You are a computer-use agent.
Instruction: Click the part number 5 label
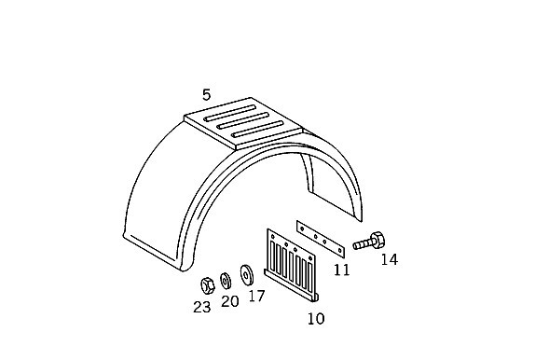[x=206, y=94]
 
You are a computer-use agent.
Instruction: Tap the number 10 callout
[x=316, y=319]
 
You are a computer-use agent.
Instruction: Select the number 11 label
[x=342, y=270]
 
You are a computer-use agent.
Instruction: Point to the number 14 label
[x=390, y=259]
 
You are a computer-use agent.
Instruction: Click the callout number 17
[x=257, y=296]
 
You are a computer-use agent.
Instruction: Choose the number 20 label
[x=230, y=301]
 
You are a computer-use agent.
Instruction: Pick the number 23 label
[x=202, y=308]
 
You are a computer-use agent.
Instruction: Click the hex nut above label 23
[x=208, y=285]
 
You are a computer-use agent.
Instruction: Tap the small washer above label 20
[x=226, y=280]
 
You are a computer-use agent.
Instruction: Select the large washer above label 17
[x=246, y=274]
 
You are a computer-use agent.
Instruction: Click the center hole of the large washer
[x=246, y=274]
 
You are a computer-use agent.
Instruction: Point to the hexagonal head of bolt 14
[x=377, y=240]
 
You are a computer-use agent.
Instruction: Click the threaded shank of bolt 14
[x=362, y=244]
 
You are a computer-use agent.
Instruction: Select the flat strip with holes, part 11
[x=321, y=239]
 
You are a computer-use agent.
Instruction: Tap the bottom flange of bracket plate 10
[x=291, y=285]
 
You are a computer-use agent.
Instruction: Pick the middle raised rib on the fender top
[x=251, y=120]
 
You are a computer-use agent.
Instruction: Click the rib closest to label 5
[x=229, y=114]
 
